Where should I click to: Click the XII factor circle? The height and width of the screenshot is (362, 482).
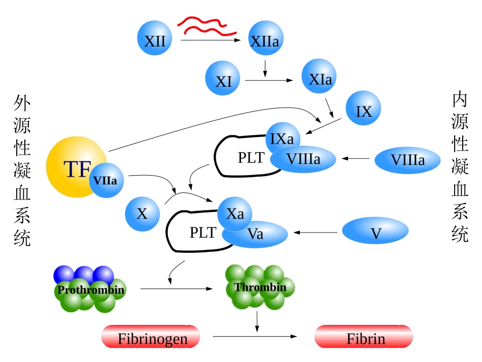(155, 40)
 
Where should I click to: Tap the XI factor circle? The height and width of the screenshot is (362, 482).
(223, 81)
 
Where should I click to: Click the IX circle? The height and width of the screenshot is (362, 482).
(363, 111)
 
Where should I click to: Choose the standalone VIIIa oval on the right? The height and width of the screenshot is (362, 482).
(407, 160)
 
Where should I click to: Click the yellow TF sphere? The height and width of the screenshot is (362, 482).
(71, 168)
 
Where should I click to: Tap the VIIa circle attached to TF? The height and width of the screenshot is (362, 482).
(107, 180)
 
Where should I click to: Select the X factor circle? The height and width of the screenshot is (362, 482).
(142, 213)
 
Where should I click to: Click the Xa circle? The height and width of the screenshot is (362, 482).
(234, 213)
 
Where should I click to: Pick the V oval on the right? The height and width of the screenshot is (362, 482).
(375, 233)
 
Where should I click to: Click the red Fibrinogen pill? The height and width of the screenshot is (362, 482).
(151, 338)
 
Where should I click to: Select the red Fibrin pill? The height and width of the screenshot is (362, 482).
(364, 338)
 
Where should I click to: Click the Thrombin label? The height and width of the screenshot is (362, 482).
(260, 287)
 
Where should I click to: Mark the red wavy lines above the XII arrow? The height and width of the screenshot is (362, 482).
(207, 25)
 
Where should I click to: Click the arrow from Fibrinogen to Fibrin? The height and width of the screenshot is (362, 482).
(254, 337)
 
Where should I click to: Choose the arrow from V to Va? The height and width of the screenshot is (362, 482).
(316, 233)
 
